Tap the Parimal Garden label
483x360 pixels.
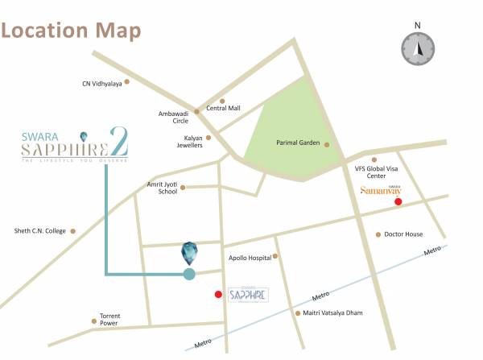click(298, 143)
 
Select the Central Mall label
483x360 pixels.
click(223, 108)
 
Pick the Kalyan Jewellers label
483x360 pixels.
click(188, 143)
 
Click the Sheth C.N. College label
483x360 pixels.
click(39, 231)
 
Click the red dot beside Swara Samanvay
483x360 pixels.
click(398, 201)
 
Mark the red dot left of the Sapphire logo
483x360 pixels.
click(218, 295)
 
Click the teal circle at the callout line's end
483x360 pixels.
click(189, 274)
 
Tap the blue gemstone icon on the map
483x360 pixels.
click(189, 253)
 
